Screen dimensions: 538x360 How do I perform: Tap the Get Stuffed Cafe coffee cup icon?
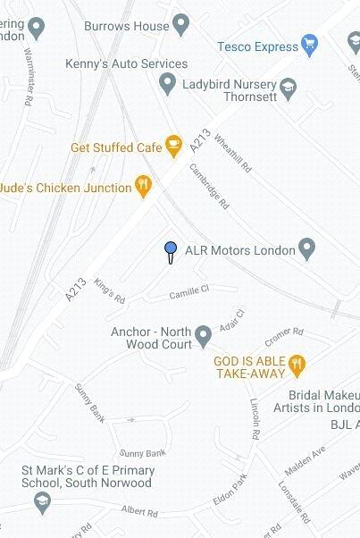pyautogui.click(x=173, y=144)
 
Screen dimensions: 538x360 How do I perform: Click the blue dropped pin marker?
pyautogui.click(x=170, y=249)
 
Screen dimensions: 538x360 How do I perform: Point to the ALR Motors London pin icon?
pyautogui.click(x=307, y=248)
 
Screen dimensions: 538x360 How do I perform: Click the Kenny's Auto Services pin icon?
pyautogui.click(x=166, y=84)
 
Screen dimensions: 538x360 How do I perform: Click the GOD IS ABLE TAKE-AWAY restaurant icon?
pyautogui.click(x=298, y=364)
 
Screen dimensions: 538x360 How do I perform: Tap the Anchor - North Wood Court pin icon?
pyautogui.click(x=204, y=336)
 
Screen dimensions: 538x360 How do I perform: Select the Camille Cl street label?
pyautogui.click(x=189, y=290)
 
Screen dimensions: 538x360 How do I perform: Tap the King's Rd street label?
pyautogui.click(x=110, y=291)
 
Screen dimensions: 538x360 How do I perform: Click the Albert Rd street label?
pyautogui.click(x=139, y=513)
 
